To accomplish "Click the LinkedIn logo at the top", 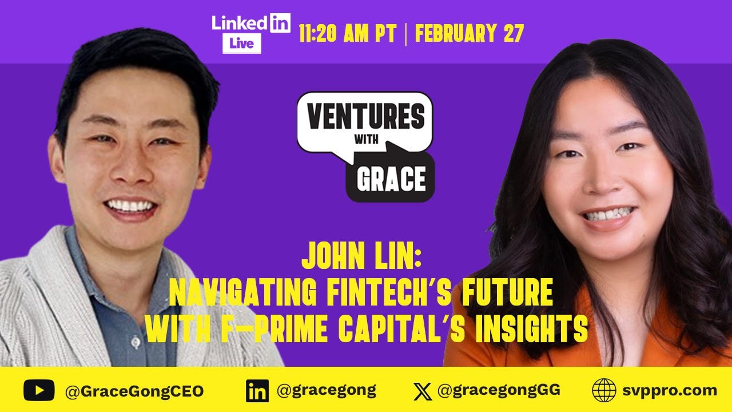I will coord(250,23).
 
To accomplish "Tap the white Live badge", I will coord(242,43).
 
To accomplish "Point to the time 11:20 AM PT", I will coord(348,34).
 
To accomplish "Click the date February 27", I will coord(469,34).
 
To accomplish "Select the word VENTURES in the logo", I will coord(366,117).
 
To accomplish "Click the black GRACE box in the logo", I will coord(391,179).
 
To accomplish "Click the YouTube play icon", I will coord(39,391).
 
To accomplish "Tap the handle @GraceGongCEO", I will coord(134,391).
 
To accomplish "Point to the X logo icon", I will coord(423,391).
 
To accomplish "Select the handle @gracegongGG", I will coord(499,391).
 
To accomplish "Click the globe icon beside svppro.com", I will coord(604,391).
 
